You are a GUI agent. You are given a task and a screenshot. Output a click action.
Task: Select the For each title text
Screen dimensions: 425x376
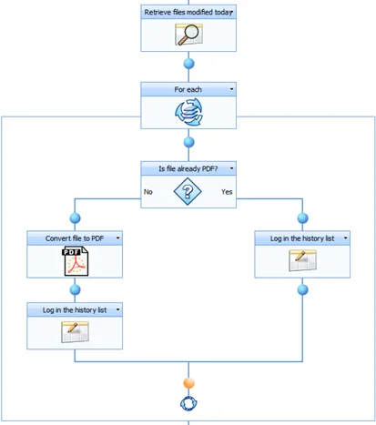pos(187,89)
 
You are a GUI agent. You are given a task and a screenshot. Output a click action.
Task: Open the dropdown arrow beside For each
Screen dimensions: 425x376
pos(231,89)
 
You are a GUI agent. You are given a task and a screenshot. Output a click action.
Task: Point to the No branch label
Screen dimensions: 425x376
pos(147,192)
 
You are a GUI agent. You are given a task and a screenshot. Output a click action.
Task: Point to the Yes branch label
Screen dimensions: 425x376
pos(228,192)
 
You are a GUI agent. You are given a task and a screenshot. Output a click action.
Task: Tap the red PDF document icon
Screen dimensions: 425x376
pos(76,261)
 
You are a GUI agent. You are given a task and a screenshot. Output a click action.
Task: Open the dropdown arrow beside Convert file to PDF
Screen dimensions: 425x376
pos(117,238)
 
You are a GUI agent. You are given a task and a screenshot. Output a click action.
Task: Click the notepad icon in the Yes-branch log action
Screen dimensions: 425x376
pos(301,261)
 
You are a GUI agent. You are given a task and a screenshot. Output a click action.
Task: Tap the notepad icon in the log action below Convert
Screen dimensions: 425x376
pos(76,332)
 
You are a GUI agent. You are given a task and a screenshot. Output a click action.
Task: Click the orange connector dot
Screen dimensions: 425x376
pos(188,384)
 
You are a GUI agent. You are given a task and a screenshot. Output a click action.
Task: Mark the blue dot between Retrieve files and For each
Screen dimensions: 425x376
pos(188,64)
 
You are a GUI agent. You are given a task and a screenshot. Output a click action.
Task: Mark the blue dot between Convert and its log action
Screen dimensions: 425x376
pos(76,289)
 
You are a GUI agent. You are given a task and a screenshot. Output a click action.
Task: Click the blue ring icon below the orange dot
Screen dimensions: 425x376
pos(188,406)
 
